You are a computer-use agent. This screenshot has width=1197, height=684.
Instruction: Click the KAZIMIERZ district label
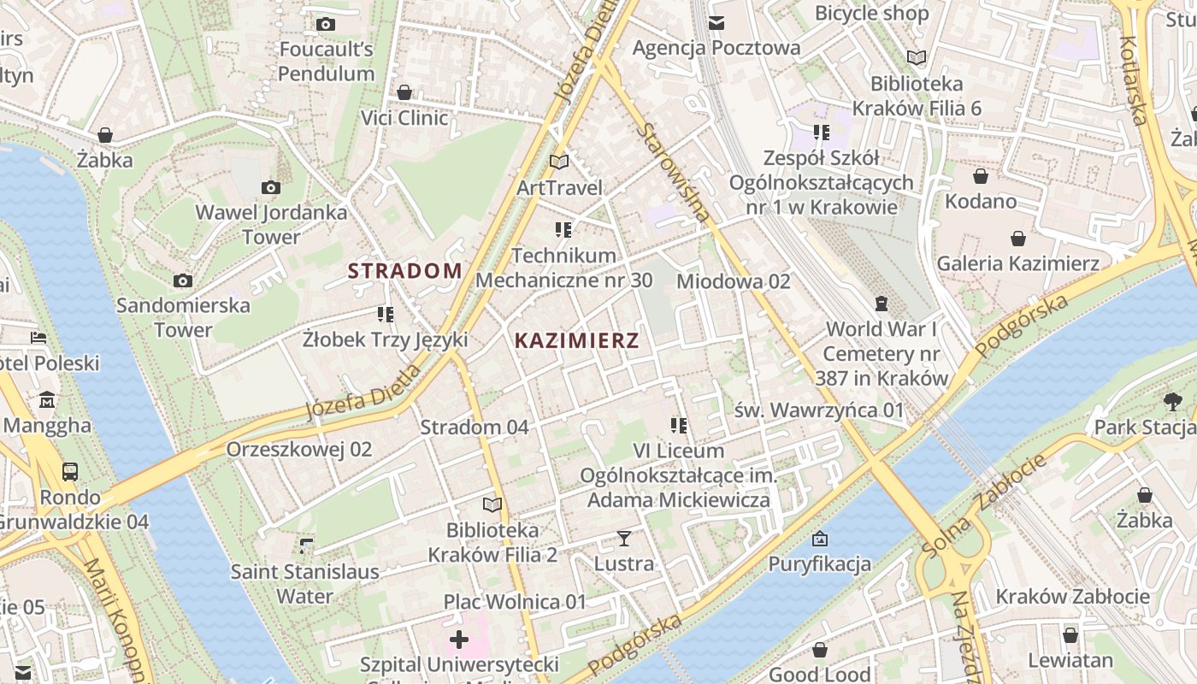pyautogui.click(x=576, y=340)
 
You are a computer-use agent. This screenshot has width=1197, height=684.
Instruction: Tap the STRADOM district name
pyautogui.click(x=404, y=271)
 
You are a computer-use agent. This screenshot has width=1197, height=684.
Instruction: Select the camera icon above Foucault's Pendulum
pyautogui.click(x=325, y=25)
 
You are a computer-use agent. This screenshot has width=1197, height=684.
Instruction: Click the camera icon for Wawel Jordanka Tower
pyautogui.click(x=271, y=187)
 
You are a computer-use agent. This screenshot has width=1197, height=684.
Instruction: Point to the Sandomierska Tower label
pyautogui.click(x=183, y=317)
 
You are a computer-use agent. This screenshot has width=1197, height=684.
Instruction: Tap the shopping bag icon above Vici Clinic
pyautogui.click(x=404, y=92)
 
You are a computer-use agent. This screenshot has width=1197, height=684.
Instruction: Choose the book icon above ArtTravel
pyautogui.click(x=559, y=162)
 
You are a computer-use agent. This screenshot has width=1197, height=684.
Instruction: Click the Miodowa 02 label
pyautogui.click(x=733, y=281)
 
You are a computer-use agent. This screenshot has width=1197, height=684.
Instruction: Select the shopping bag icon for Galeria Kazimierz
pyautogui.click(x=1017, y=239)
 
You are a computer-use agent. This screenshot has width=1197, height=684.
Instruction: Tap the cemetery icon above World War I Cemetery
pyautogui.click(x=882, y=304)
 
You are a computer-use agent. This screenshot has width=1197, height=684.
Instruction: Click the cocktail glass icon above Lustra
pyautogui.click(x=624, y=539)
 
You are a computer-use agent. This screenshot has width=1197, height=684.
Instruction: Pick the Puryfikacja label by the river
pyautogui.click(x=819, y=563)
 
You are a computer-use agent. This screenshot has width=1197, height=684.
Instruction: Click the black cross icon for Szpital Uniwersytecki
pyautogui.click(x=459, y=639)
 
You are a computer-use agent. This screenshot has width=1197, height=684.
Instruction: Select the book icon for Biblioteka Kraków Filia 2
pyautogui.click(x=492, y=504)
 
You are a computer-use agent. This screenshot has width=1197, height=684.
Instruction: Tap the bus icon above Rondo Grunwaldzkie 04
pyautogui.click(x=70, y=471)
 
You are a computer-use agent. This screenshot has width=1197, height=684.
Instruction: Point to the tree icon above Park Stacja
pyautogui.click(x=1173, y=401)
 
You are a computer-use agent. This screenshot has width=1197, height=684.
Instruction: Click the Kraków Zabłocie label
pyautogui.click(x=1072, y=596)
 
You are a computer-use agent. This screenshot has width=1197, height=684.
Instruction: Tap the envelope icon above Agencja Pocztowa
pyautogui.click(x=716, y=22)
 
